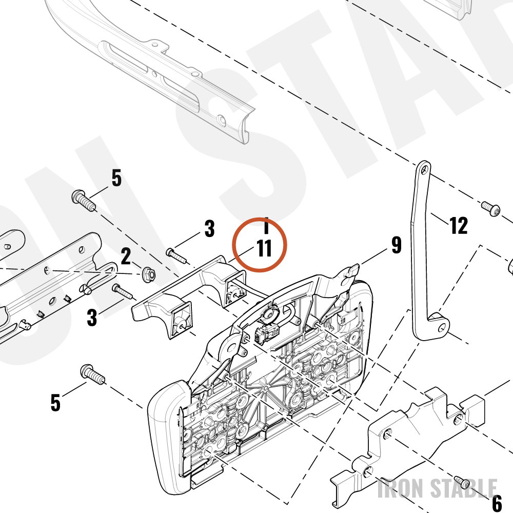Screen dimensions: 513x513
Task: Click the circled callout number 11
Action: (x=264, y=248)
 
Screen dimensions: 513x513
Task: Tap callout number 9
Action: (x=396, y=245)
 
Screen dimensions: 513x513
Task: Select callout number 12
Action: (x=458, y=225)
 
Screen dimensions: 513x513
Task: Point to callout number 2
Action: (x=126, y=256)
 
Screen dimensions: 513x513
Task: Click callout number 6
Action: (x=497, y=503)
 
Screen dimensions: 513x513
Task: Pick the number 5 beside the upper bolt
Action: (x=116, y=178)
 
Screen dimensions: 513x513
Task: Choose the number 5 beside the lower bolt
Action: (x=55, y=402)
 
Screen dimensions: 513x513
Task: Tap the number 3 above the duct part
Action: (x=209, y=228)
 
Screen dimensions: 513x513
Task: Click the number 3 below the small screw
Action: (x=92, y=317)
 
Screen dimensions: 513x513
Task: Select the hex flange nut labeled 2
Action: (x=149, y=274)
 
